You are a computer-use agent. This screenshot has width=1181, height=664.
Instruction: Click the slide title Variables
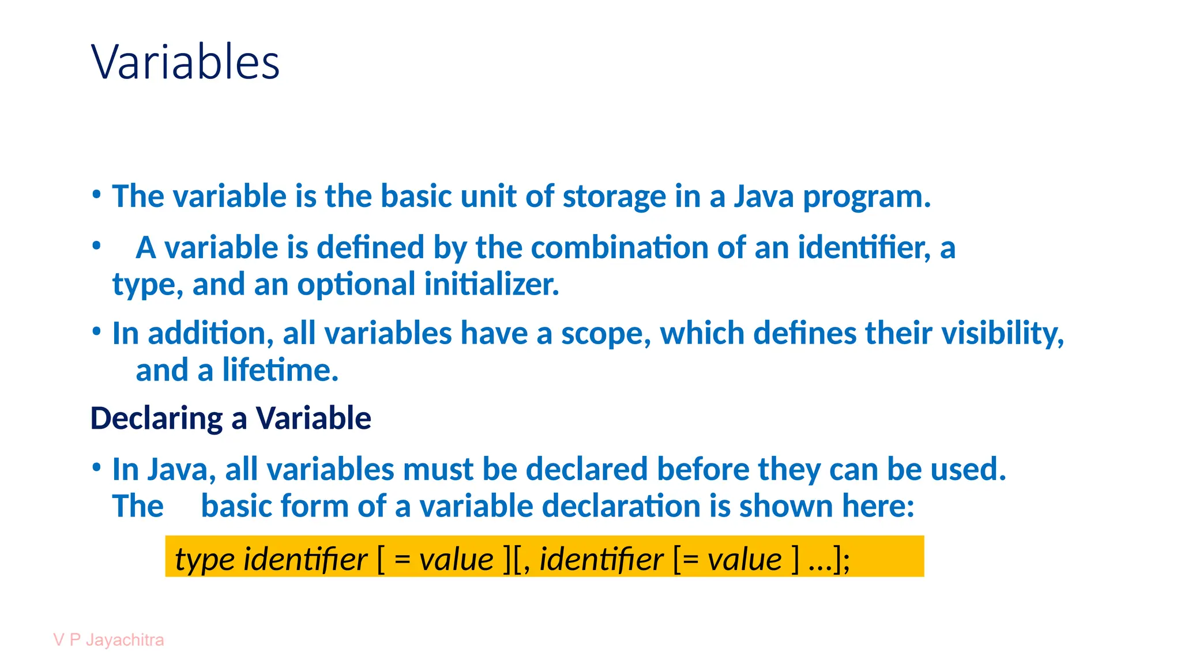pos(185,62)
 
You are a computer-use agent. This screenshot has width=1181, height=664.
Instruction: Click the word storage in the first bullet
pos(614,197)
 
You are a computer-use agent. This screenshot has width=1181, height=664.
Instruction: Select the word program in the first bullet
pos(866,198)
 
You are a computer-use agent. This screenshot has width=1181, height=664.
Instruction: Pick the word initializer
pos(491,285)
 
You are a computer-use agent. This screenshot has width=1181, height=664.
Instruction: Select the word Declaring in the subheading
pos(156,418)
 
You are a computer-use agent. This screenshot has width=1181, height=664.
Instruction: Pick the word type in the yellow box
pos(205,559)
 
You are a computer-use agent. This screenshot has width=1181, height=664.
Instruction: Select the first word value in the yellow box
pos(456,559)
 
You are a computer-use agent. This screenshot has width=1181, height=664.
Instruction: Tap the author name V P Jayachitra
pos(108,640)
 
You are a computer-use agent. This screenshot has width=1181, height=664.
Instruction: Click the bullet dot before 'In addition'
pos(97,331)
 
